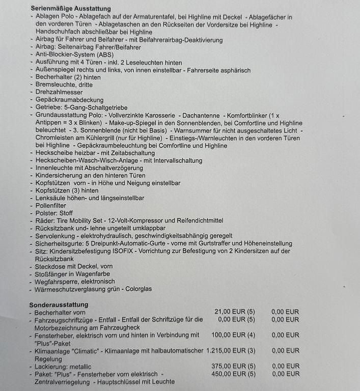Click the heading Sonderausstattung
(x=59, y=304)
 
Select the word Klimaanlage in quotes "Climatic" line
(x=52, y=351)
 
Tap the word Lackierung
(x=51, y=366)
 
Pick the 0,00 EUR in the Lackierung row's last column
(x=285, y=366)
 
